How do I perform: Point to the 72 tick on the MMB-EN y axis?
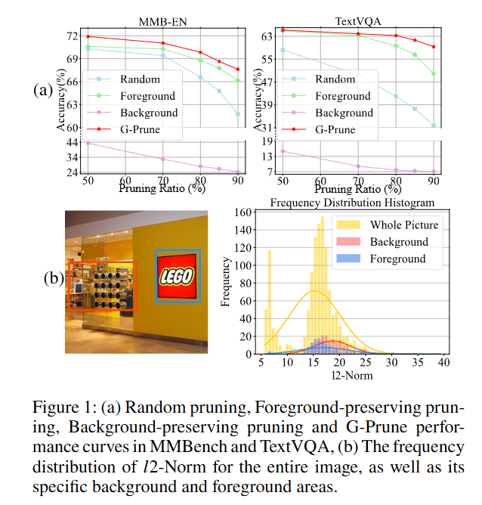[73, 36]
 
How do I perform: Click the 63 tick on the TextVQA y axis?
[267, 36]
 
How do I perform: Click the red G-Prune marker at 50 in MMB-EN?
[88, 36]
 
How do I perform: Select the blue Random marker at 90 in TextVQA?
[434, 125]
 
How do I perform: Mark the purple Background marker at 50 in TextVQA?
[283, 151]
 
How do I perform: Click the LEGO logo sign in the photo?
[178, 276]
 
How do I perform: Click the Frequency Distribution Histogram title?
[352, 203]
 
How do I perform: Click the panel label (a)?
[45, 91]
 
